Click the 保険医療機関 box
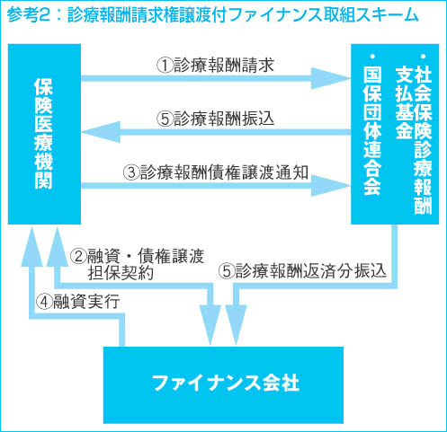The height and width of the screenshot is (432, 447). click(x=44, y=134)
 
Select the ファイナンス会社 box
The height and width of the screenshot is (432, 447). click(x=223, y=385)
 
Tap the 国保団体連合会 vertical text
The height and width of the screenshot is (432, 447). click(x=372, y=125)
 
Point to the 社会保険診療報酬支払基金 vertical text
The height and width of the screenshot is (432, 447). click(x=414, y=134)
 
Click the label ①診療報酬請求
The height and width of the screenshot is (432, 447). click(x=216, y=65)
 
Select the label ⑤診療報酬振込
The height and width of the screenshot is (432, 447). click(x=216, y=119)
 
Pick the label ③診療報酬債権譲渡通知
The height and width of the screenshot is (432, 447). click(x=216, y=172)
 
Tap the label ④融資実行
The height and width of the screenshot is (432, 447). click(x=78, y=301)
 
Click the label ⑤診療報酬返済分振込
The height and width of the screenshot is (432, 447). click(x=302, y=271)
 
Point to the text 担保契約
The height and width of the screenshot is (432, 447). click(x=121, y=273)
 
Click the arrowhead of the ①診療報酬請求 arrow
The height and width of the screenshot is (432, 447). click(x=331, y=78)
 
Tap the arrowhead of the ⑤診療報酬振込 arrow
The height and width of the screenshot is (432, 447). click(x=101, y=132)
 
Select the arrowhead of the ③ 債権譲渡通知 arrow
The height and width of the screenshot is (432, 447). click(x=331, y=186)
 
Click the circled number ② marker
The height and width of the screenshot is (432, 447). click(x=78, y=257)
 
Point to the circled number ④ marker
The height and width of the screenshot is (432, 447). click(x=44, y=302)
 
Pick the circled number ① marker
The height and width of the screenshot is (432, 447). click(x=165, y=66)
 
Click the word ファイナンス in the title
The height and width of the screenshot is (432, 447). click(x=275, y=15)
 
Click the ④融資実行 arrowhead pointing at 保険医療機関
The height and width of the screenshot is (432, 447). click(x=32, y=246)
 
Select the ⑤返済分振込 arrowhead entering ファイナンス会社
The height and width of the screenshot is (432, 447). click(x=236, y=325)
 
